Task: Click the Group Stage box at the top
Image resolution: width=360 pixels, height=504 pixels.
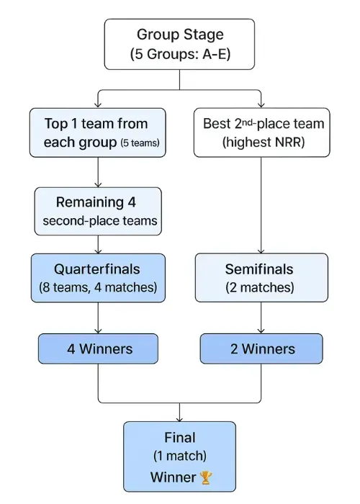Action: pos(179,44)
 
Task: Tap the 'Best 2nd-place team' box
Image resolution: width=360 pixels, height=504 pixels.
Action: pos(262,132)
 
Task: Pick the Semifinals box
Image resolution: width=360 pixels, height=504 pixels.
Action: pos(262,277)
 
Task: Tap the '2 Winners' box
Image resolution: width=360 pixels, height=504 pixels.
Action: pos(262,348)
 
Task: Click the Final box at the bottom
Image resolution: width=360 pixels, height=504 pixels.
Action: pos(179,456)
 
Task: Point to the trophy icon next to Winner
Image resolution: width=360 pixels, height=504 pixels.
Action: pos(207,477)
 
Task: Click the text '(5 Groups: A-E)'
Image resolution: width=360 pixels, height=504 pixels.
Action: pos(179,54)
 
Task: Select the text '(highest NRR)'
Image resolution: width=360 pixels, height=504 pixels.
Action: pos(262,143)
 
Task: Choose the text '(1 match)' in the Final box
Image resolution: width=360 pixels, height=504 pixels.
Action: pos(179,456)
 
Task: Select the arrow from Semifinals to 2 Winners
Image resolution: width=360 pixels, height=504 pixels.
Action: pos(262,317)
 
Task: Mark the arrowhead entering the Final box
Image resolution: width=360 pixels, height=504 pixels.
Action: pos(179,417)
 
